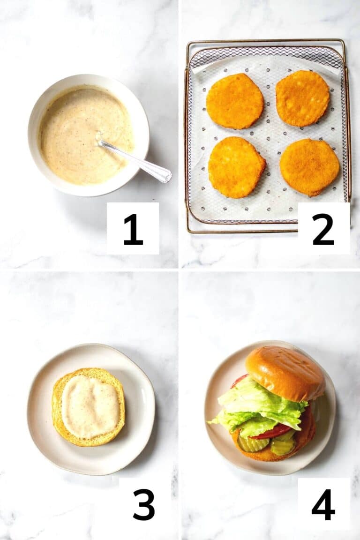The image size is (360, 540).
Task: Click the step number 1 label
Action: pos(133,229)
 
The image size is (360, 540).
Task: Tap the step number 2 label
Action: pos(323,229)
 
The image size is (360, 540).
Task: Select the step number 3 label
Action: pos(143,504)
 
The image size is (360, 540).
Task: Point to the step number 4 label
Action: pos(323,504)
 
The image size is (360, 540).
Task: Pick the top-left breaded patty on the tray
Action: pos(234,101)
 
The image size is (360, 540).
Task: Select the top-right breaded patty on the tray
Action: pos(303,98)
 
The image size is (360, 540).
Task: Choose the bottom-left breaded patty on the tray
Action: pos(236,167)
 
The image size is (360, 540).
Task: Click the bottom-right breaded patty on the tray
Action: pos(309,167)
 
